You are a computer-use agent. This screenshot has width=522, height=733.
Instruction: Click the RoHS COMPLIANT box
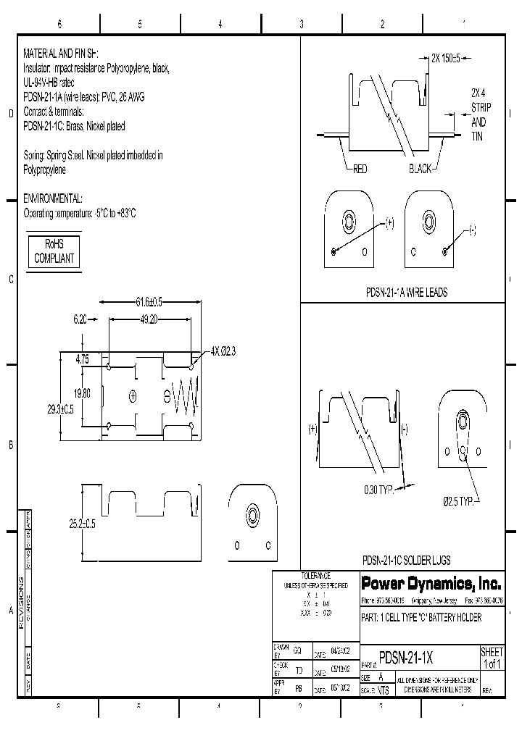pyautogui.click(x=54, y=252)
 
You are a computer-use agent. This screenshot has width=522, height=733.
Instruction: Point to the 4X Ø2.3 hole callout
pyautogui.click(x=223, y=351)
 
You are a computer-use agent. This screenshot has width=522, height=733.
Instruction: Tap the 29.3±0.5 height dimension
pyautogui.click(x=61, y=409)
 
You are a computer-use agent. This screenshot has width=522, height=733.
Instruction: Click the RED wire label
pyautogui.click(x=360, y=169)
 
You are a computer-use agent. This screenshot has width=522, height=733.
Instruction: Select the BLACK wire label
pyautogui.click(x=420, y=169)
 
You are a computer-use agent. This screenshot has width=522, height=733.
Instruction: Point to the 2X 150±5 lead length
pyautogui.click(x=451, y=58)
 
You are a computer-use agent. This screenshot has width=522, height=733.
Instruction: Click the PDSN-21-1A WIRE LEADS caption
pyautogui.click(x=406, y=293)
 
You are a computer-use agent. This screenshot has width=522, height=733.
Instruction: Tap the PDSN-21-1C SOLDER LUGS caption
pyautogui.click(x=406, y=560)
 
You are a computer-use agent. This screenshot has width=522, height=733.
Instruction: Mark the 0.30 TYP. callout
pyautogui.click(x=378, y=490)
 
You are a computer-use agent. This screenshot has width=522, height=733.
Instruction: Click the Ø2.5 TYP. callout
pyautogui.click(x=459, y=501)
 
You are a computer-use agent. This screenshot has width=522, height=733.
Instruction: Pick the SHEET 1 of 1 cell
pyautogui.click(x=492, y=658)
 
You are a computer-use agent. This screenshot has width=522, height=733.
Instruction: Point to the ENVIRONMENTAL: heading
pyautogui.click(x=53, y=198)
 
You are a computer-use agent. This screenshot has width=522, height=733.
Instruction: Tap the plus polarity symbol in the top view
pyautogui.click(x=133, y=395)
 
